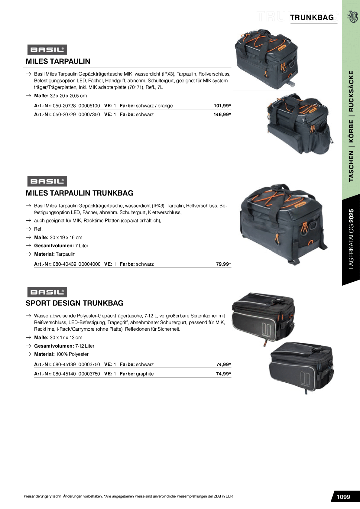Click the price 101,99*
(222, 106)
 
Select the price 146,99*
(222, 115)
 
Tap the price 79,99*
(223, 264)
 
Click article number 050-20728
(64, 106)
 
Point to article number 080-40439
(64, 264)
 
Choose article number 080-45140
(64, 374)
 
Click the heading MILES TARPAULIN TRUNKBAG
(79, 193)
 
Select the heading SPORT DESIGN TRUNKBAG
(74, 303)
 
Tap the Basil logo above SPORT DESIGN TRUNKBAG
(47, 292)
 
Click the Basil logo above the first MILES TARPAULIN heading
(47, 50)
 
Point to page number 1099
(343, 497)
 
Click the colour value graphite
(145, 374)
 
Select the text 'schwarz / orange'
(154, 106)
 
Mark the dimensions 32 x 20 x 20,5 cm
(68, 96)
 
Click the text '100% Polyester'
(72, 354)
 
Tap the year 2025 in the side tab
(351, 216)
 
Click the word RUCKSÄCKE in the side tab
(351, 91)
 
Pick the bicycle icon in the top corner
(352, 17)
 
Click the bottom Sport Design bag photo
(301, 368)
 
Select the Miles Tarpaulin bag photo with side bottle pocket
(300, 124)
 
